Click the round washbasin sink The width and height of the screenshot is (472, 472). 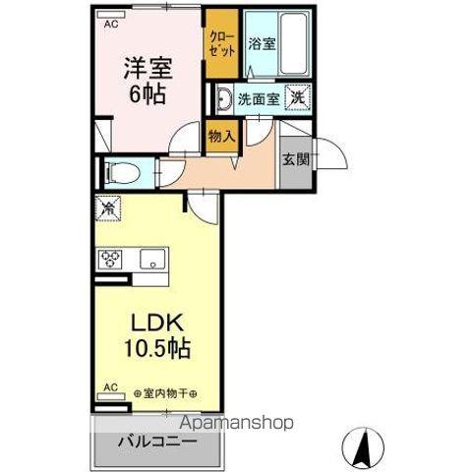click(223, 97)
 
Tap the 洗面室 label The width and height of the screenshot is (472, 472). click(258, 98)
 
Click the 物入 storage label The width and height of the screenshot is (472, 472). click(222, 136)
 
